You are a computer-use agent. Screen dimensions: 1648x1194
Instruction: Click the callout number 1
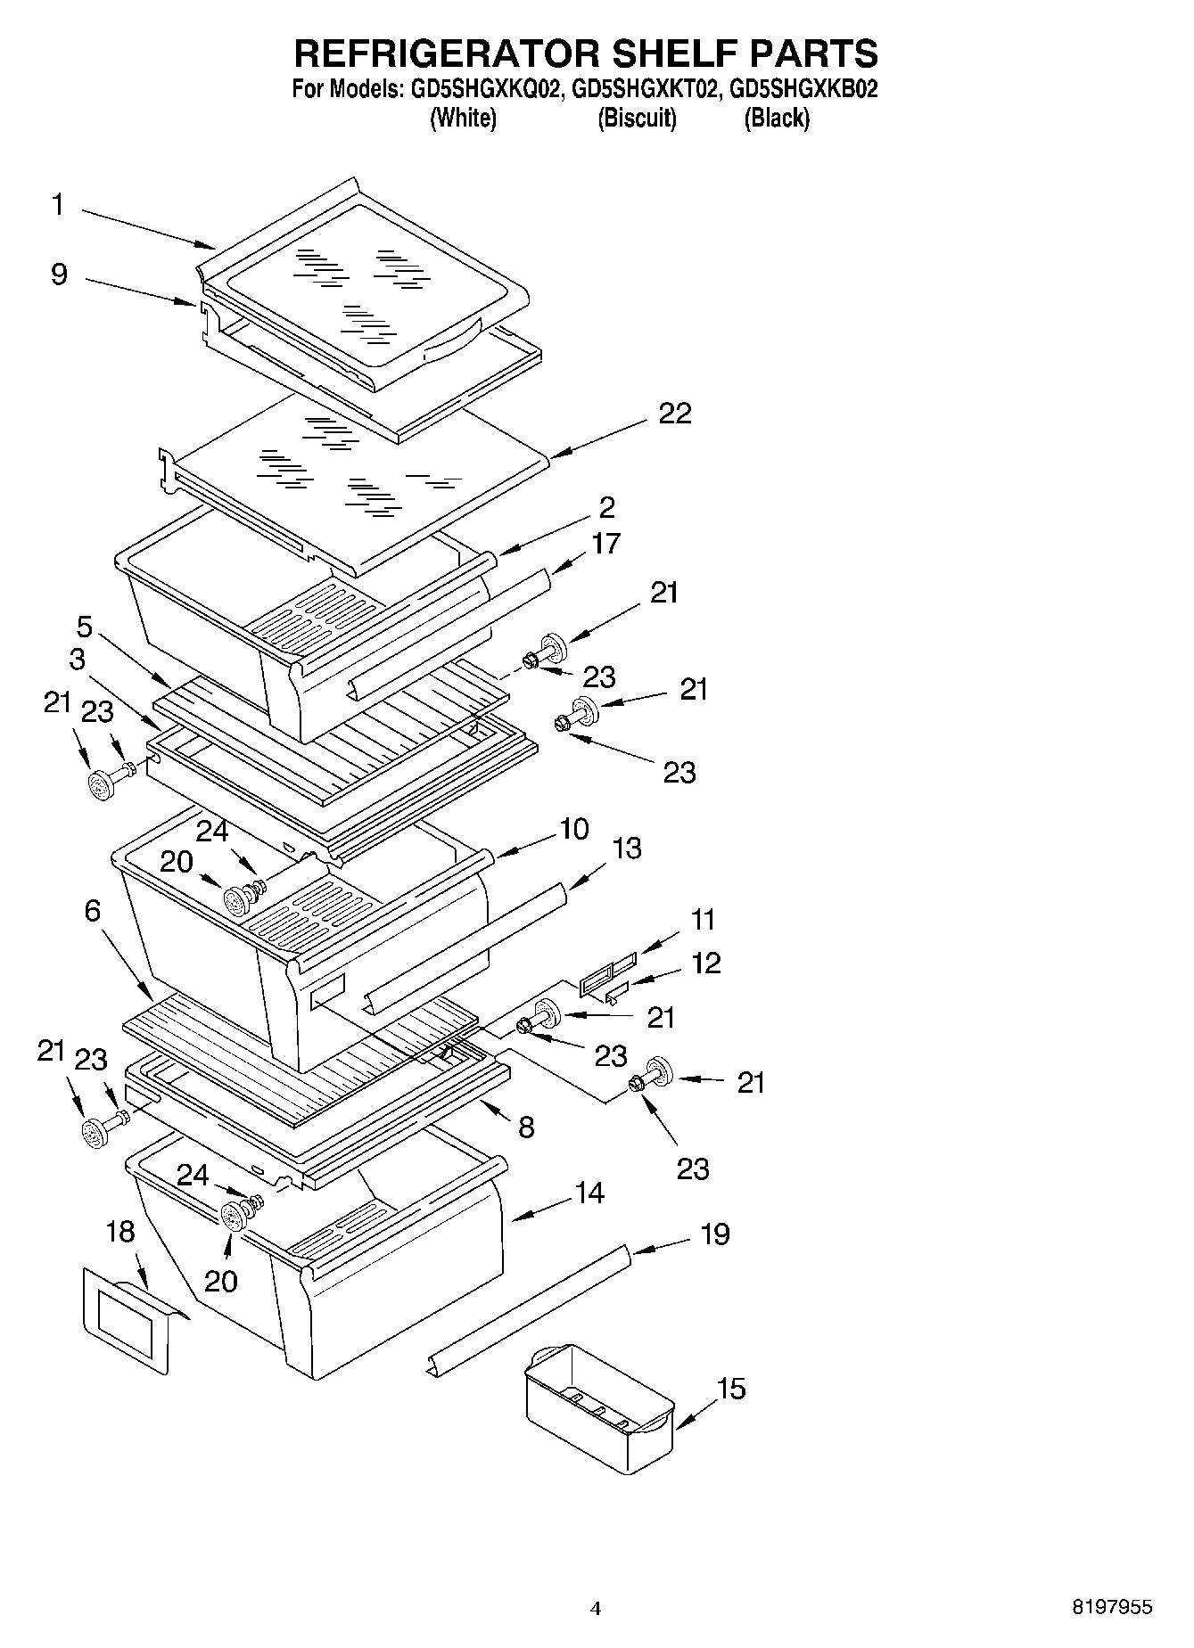coord(58,206)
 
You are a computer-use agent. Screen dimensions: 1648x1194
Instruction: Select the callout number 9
coord(59,274)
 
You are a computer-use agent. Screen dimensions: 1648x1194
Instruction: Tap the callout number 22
coord(675,414)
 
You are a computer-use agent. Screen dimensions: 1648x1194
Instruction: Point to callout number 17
coord(605,544)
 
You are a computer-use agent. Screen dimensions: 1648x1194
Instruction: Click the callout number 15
coord(731,1389)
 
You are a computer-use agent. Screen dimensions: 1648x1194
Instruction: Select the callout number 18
coord(120,1233)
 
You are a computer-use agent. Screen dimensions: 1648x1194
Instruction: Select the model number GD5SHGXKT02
coord(646,90)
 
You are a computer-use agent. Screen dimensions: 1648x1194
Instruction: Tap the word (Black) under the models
coord(777,118)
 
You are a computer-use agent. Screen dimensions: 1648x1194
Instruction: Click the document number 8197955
coord(1111,1608)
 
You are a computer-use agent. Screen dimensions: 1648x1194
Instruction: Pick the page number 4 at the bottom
coord(596,1609)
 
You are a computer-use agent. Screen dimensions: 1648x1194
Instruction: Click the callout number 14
coord(589,1193)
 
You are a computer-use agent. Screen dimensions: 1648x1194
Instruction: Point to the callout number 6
coord(93,911)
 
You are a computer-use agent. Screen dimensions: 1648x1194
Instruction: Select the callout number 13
coord(627,848)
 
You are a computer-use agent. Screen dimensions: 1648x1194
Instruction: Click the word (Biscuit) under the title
coord(637,118)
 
